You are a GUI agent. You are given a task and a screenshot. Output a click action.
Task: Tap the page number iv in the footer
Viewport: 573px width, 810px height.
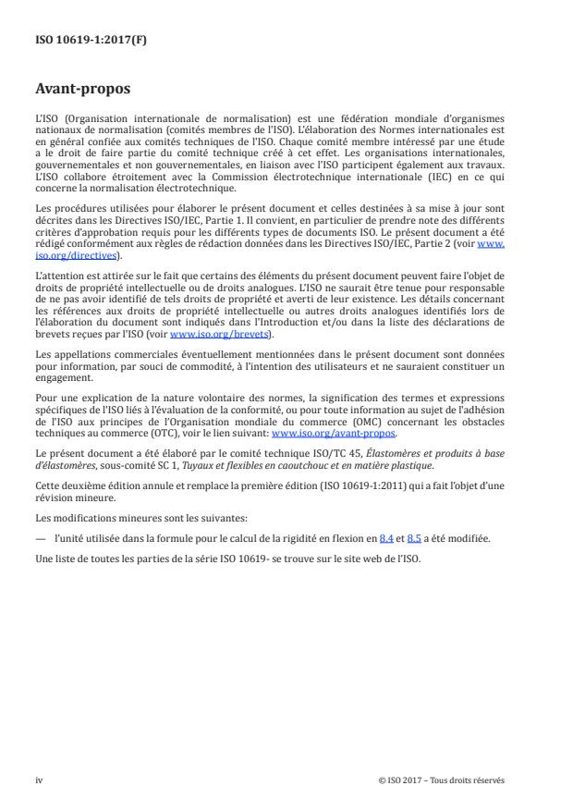[x=39, y=779]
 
